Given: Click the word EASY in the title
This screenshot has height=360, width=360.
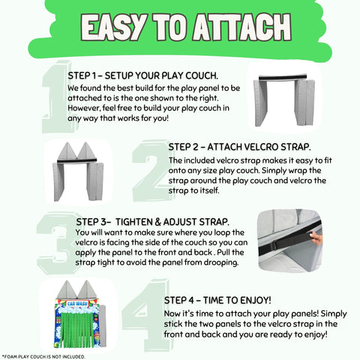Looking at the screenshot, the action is pyautogui.click(x=114, y=28).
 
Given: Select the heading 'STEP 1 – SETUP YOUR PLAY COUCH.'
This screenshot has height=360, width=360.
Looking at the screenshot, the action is pyautogui.click(x=143, y=76).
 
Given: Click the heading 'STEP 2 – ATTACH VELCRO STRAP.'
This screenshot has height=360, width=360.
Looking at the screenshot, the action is pyautogui.click(x=239, y=147).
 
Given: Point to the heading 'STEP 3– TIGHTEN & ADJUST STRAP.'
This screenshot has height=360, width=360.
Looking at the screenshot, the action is pyautogui.click(x=152, y=222).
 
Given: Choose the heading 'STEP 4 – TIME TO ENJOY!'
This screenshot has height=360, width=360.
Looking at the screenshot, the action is pyautogui.click(x=217, y=300).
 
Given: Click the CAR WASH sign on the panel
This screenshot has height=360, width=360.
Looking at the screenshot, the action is pyautogui.click(x=78, y=304).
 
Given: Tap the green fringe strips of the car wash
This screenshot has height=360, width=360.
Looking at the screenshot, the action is pyautogui.click(x=77, y=328).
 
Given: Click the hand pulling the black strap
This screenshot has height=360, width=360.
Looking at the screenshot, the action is pyautogui.click(x=316, y=238).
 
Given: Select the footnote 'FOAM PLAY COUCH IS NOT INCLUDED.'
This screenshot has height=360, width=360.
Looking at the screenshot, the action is pyautogui.click(x=44, y=357).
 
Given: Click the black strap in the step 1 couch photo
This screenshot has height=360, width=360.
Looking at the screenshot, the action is pyautogui.click(x=283, y=77).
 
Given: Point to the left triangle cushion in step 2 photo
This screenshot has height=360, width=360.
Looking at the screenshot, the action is pyautogui.click(x=67, y=151).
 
